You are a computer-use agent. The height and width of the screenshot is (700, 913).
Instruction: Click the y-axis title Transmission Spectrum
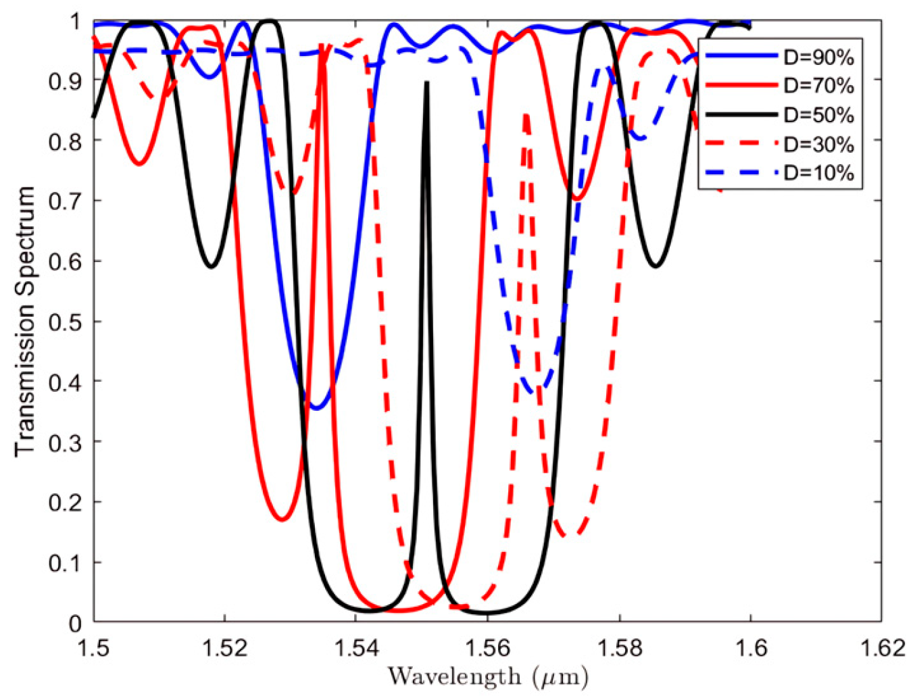tap(25, 322)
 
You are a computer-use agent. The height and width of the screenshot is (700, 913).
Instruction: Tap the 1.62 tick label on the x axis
tap(881, 649)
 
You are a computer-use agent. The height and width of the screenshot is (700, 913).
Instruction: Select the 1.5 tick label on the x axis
tap(94, 649)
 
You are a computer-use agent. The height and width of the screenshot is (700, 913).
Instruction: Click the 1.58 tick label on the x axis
tap(618, 649)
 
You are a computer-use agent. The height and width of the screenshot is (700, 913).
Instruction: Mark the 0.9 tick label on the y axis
tap(65, 80)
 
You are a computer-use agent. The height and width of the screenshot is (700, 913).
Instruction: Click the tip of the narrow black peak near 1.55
tap(426, 82)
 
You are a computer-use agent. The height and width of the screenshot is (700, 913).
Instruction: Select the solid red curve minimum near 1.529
tap(283, 520)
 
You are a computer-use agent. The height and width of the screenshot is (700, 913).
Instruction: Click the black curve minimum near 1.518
tap(212, 266)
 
